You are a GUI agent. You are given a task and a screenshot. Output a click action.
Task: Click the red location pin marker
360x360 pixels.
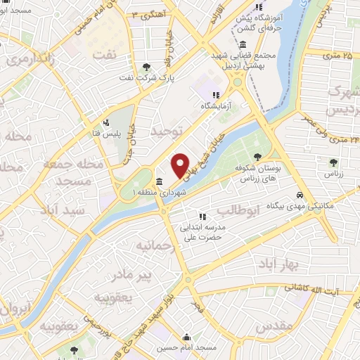click(x=181, y=165)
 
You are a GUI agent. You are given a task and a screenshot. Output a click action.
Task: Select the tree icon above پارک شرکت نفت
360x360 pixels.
click(x=146, y=67)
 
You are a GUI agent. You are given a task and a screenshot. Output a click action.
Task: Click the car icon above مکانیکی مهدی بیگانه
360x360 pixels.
click(x=300, y=195)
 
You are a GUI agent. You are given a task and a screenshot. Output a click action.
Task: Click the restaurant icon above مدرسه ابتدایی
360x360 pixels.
click(x=202, y=217)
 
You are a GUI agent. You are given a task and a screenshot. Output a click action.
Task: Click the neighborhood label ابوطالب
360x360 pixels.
click(x=239, y=210)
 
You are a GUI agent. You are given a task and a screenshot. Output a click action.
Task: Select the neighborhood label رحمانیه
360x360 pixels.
click(x=154, y=245)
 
